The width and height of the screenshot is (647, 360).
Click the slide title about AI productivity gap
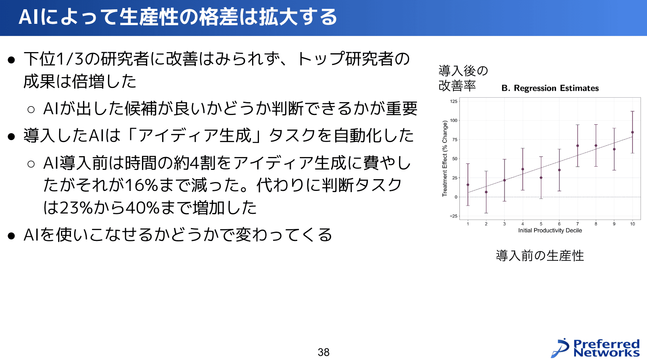click(177, 17)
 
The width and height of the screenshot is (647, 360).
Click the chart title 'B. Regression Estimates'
click(550, 88)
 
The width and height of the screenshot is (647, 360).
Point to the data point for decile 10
click(632, 132)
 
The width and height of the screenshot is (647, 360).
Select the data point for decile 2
click(486, 192)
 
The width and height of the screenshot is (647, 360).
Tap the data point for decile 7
click(578, 146)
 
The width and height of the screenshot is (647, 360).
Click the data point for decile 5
click(541, 178)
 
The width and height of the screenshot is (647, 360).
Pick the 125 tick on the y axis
click(453, 101)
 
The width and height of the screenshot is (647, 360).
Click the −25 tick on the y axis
click(453, 216)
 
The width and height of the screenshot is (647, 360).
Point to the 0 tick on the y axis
click(456, 197)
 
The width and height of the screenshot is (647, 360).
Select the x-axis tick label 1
click(468, 224)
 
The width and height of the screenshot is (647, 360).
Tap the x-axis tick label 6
click(559, 224)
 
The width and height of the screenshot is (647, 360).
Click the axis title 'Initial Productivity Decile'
click(550, 230)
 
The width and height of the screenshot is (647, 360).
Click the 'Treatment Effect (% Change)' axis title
click(445, 159)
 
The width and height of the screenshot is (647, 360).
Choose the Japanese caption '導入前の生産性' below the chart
click(540, 255)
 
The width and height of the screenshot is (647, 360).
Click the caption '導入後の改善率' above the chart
click(463, 78)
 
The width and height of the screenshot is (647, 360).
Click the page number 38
click(323, 352)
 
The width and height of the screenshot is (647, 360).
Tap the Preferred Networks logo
click(595, 348)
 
